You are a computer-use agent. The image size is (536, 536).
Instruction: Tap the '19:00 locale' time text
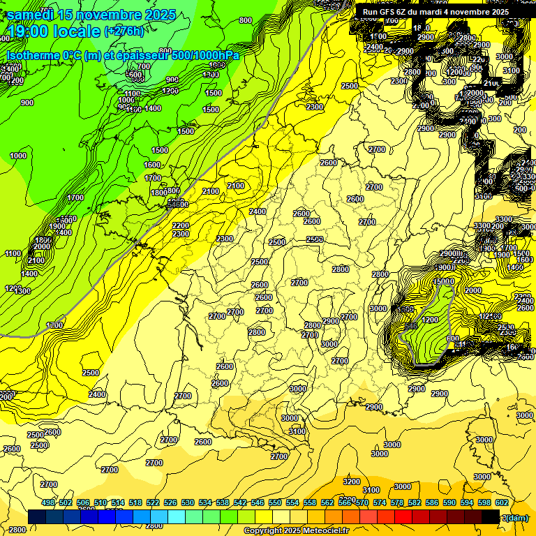pyautogui.click(x=52, y=31)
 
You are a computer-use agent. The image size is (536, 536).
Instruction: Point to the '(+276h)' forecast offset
pyautogui.click(x=124, y=31)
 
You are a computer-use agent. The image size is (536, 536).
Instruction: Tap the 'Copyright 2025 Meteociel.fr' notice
pyautogui.click(x=296, y=530)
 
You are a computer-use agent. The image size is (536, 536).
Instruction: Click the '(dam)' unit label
pyautogui.click(x=516, y=517)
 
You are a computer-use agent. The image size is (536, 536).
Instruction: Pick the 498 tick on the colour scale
pyautogui.click(x=48, y=502)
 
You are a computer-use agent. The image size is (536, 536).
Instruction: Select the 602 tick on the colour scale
pyautogui.click(x=502, y=502)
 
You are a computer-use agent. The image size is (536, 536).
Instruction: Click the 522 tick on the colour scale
pyautogui.click(x=153, y=502)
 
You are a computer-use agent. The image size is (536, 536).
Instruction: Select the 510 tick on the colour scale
pyautogui.click(x=100, y=502)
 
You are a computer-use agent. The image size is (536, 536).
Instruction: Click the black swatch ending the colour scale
pyautogui.click(x=491, y=516)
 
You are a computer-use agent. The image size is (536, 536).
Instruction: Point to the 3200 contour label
pyautogui.click(x=352, y=482)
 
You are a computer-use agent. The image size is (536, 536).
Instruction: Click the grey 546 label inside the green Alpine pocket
pyautogui.click(x=410, y=326)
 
